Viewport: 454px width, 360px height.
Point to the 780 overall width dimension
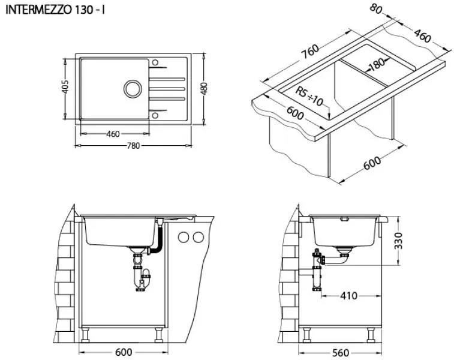pyautogui.click(x=132, y=147)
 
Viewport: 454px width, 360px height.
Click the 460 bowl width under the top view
pyautogui.click(x=113, y=134)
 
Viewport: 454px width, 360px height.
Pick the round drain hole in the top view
pyautogui.click(x=131, y=89)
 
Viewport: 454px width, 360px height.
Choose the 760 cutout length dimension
pyautogui.click(x=310, y=53)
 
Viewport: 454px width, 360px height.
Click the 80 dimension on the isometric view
pyautogui.click(x=376, y=8)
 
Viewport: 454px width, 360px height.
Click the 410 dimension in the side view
pyautogui.click(x=348, y=295)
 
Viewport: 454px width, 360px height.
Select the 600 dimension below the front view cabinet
pyautogui.click(x=124, y=352)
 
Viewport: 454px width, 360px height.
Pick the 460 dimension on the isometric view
pyautogui.click(x=422, y=37)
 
